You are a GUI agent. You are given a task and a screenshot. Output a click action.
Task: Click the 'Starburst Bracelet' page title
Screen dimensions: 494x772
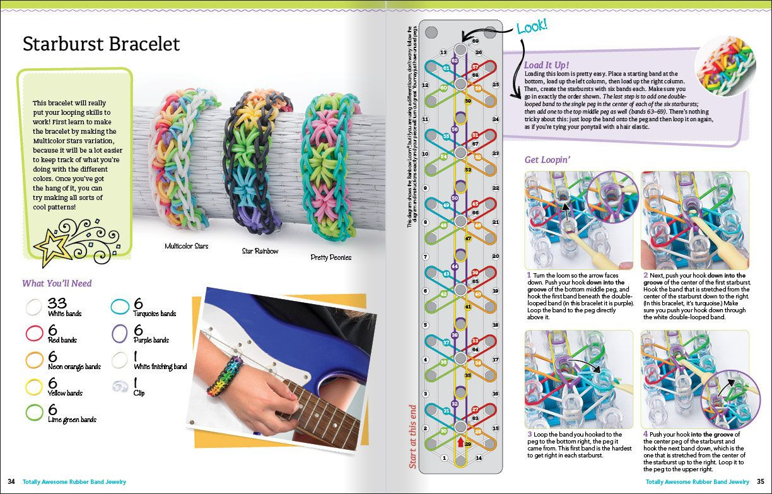101,44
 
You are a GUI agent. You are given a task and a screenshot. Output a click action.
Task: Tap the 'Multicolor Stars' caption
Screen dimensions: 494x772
186,245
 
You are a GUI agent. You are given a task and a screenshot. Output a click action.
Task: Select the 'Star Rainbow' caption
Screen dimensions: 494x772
260,251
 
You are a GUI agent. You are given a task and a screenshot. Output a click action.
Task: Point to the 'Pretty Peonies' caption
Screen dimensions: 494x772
331,257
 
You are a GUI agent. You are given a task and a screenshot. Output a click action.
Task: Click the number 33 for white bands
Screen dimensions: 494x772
57,303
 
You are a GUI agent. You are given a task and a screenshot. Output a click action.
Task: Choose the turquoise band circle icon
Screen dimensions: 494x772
120,307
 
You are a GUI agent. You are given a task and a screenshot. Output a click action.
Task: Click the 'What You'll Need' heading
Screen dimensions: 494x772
57,283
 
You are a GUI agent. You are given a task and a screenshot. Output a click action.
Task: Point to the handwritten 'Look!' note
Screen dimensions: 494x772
532,26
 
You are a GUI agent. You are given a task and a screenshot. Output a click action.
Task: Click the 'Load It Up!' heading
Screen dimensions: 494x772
547,65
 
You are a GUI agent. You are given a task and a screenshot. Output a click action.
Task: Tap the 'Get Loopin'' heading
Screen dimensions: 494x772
549,160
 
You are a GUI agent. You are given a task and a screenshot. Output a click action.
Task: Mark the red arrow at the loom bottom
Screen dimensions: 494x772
460,443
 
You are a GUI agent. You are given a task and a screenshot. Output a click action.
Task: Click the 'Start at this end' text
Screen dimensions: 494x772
413,436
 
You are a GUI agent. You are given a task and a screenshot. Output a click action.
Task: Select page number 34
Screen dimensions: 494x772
11,482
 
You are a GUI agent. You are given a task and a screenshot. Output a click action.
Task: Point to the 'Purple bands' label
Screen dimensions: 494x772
151,340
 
